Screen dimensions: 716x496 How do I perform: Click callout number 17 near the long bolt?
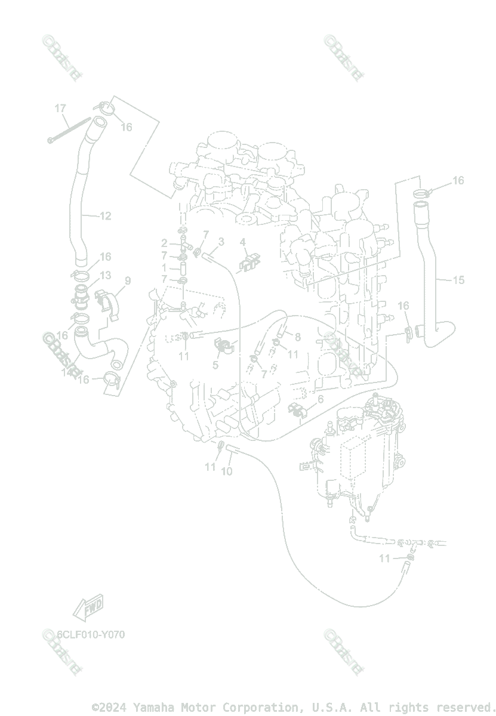60,108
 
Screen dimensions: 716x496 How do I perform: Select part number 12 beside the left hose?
105,216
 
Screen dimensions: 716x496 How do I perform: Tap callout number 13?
105,275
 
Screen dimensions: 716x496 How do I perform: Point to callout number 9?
127,280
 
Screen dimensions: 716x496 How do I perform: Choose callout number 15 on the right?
458,280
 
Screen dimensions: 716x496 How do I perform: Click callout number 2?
164,243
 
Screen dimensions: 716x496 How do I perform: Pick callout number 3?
221,242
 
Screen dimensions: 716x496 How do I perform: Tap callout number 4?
243,242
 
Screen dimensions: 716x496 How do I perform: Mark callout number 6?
321,399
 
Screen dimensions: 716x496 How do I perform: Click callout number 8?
297,337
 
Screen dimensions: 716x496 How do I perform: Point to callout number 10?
227,471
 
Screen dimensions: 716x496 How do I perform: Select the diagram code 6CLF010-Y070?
91,634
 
